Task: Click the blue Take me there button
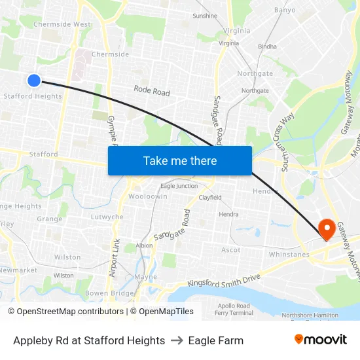coord(180,160)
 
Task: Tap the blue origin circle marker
coord(34,80)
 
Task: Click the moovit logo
coord(321,339)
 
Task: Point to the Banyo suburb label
coord(285,10)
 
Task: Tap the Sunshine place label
coord(205,16)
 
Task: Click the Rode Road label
coord(152,91)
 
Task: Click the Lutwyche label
coord(107,217)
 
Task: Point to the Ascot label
coord(230,250)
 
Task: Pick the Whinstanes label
coord(289,254)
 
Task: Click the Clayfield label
coord(210,197)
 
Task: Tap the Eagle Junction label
coord(179,186)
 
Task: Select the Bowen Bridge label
coord(105,293)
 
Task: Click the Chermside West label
coord(63,24)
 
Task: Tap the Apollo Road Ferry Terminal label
coord(233,309)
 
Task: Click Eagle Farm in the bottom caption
coord(215,340)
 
